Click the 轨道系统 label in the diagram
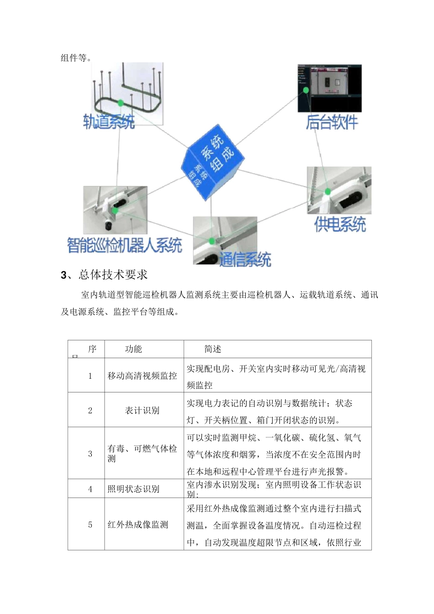[x=109, y=122]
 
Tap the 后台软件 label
[x=332, y=122]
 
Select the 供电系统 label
[x=340, y=224]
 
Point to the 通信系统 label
[x=245, y=259]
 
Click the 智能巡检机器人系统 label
[x=124, y=245]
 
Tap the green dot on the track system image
[x=121, y=103]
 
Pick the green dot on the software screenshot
[x=306, y=90]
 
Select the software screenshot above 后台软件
[x=329, y=88]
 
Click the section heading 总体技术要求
[x=113, y=275]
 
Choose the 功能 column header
[x=133, y=349]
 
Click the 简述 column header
[x=212, y=349]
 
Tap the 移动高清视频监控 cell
[x=142, y=376]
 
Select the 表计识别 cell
[x=142, y=410]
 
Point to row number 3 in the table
[x=90, y=454]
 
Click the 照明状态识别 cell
[x=133, y=489]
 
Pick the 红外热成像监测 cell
[x=138, y=524]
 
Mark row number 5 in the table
[x=90, y=524]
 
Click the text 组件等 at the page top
[x=76, y=58]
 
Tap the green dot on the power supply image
[x=327, y=191]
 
